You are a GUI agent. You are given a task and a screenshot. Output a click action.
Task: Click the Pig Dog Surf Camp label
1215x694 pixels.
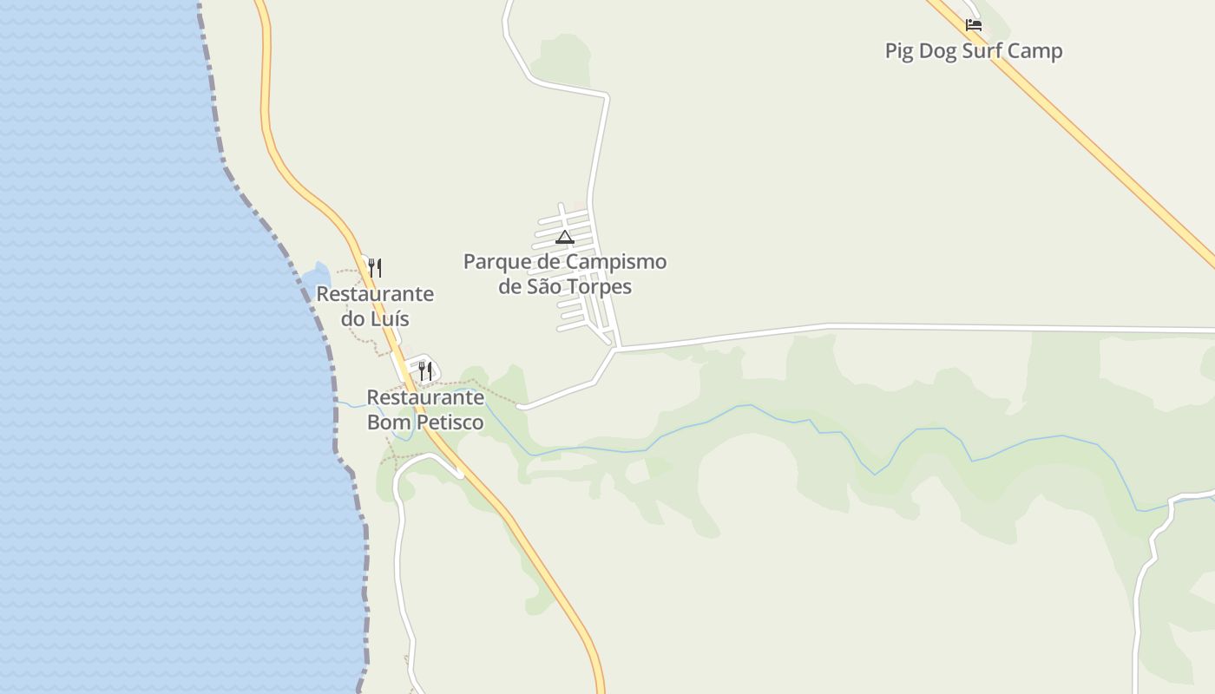[x=973, y=51]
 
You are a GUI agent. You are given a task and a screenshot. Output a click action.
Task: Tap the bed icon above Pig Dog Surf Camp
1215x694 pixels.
[x=974, y=25]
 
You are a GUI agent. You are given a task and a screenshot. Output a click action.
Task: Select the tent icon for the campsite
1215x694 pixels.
[x=564, y=237]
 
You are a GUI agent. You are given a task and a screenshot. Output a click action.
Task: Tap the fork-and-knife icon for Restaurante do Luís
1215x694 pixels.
[x=375, y=267]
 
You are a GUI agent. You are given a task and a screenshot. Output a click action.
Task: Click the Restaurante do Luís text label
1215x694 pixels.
[x=375, y=306]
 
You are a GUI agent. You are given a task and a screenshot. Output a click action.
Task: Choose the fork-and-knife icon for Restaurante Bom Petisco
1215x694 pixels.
[x=424, y=370]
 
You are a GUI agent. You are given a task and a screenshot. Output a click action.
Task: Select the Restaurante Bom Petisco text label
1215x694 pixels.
[x=425, y=410]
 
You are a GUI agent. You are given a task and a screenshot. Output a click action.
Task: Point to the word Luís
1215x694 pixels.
[x=390, y=319]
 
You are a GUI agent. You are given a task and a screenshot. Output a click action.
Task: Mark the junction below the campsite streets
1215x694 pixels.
[x=615, y=349]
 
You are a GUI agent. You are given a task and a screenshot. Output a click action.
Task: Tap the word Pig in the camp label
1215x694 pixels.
[x=898, y=51]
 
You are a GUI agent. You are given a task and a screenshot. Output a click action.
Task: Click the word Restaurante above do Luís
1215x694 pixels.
[x=375, y=294]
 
